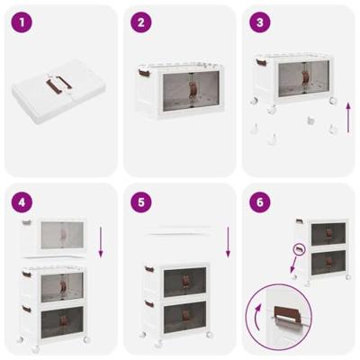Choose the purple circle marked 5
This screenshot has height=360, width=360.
[140, 203]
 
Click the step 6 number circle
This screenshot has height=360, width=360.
[259, 203]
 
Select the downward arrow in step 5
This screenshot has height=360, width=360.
[229, 241]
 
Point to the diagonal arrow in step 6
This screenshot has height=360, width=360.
[290, 269]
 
